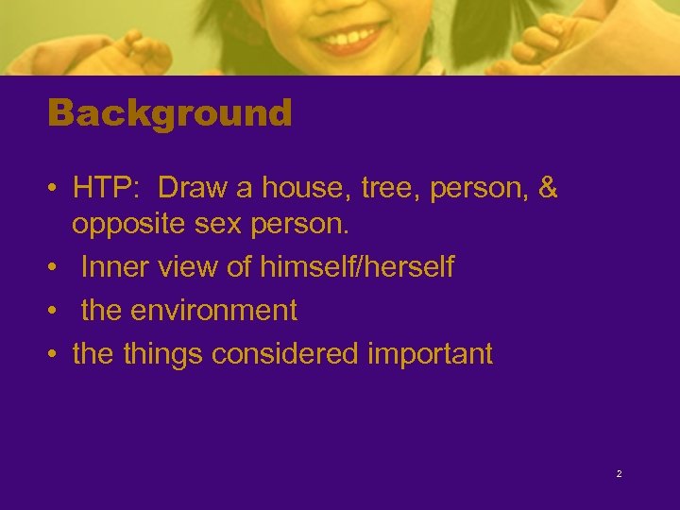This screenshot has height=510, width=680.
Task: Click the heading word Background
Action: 170,114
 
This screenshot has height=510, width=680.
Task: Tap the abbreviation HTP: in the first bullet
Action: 107,189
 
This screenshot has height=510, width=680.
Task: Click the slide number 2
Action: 619,473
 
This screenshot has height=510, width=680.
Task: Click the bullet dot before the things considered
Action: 55,355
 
